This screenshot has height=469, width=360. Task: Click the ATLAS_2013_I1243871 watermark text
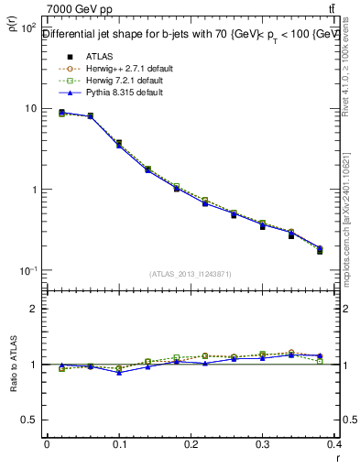click(191, 275)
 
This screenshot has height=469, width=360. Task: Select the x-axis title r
click(337, 458)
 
